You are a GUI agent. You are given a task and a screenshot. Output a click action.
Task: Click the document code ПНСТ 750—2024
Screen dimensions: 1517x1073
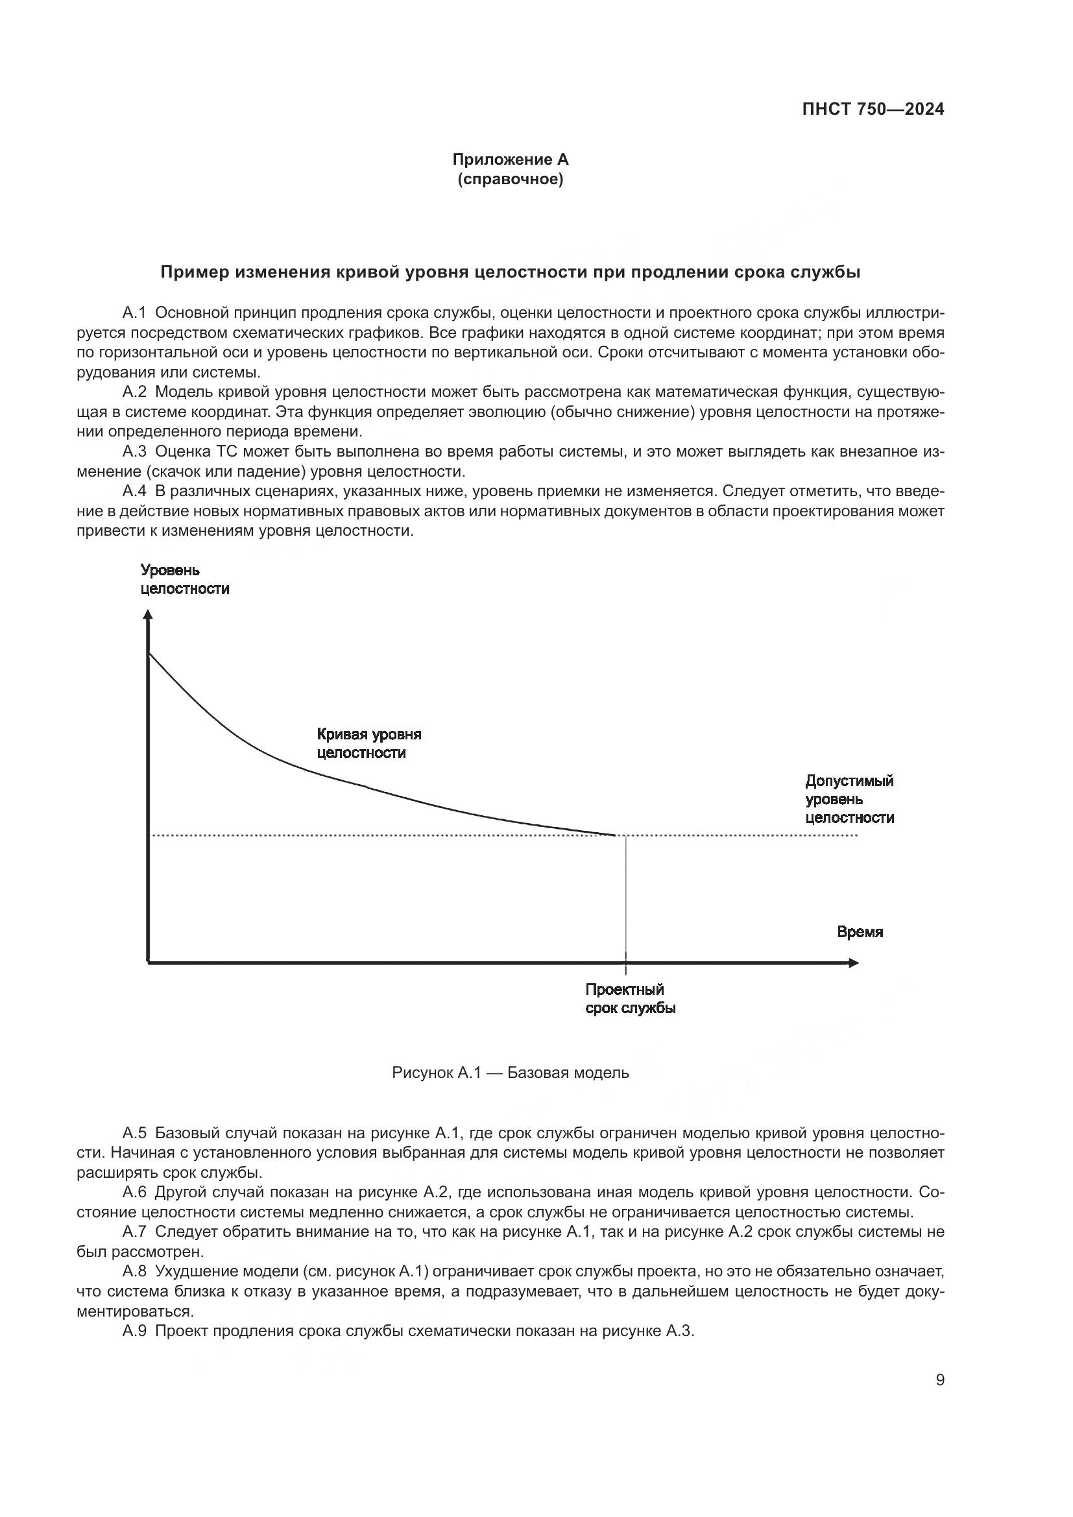click(x=873, y=110)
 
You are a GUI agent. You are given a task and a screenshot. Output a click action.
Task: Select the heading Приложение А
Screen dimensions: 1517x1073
click(x=510, y=160)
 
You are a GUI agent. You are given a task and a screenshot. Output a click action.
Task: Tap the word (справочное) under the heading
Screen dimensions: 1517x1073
click(x=510, y=179)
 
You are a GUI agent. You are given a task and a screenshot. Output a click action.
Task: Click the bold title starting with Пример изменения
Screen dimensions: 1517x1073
click(x=510, y=273)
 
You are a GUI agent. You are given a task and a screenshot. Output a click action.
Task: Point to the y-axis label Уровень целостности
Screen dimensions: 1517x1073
click(x=184, y=579)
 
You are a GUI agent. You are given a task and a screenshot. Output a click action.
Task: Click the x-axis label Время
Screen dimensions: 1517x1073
click(x=860, y=932)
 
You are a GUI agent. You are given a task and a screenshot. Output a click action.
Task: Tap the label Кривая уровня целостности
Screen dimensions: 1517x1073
click(x=368, y=743)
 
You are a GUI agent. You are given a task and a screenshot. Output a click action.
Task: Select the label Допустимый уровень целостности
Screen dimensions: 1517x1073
click(x=849, y=800)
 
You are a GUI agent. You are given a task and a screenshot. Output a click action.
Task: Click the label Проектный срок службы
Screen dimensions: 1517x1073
click(x=631, y=999)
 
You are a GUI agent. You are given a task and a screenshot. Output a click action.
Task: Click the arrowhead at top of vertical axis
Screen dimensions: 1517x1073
click(x=148, y=614)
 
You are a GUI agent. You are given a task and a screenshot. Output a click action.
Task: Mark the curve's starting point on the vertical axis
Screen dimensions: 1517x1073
click(x=149, y=653)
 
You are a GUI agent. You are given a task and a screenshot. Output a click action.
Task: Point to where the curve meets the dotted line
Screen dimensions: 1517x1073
click(x=616, y=836)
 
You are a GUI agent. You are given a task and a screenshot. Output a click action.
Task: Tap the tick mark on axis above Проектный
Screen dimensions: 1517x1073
click(x=625, y=964)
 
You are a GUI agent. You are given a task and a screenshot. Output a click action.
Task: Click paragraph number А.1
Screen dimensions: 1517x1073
click(x=134, y=313)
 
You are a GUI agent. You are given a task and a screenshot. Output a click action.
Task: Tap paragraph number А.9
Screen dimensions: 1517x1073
click(x=134, y=1332)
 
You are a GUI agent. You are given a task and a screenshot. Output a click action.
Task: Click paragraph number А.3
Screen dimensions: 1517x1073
click(x=134, y=452)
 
